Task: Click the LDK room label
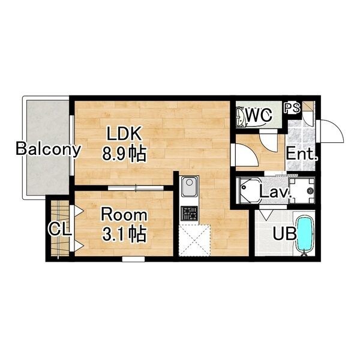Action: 124,134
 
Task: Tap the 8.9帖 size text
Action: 124,154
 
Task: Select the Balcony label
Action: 48,149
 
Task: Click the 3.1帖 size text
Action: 124,234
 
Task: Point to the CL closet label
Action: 59,229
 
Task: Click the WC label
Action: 259,115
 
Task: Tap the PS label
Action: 292,107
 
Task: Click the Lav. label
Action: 275,192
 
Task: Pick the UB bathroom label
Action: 284,234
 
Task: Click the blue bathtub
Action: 304,235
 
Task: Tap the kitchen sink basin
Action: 189,187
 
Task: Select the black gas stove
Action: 189,214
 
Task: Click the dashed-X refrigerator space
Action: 194,241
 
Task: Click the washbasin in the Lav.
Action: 248,190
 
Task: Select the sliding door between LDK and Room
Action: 136,188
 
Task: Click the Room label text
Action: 124,215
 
